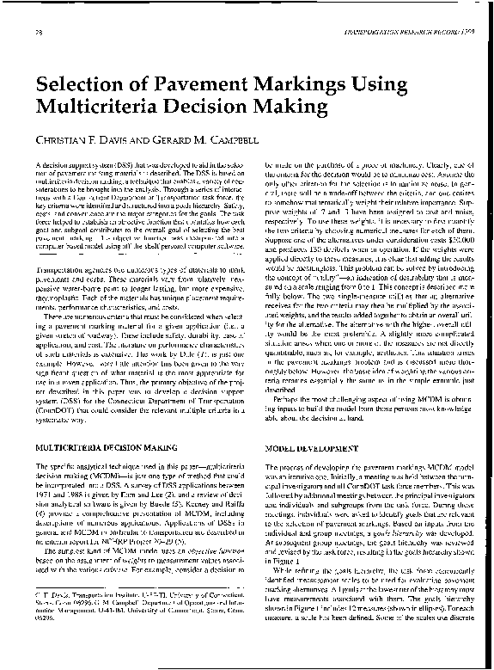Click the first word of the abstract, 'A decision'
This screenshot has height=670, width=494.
pyautogui.click(x=53, y=163)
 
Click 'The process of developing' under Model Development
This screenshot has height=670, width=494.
pyautogui.click(x=309, y=466)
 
